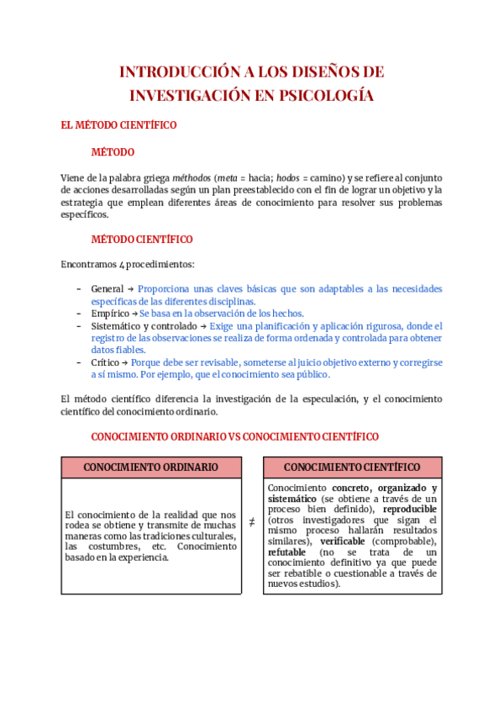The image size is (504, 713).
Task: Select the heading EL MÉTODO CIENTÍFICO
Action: point(118,124)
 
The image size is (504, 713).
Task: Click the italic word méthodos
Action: point(192,177)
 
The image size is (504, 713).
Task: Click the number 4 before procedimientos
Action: point(122,263)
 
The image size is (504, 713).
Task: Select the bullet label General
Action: point(107,288)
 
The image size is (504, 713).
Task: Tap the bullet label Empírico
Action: point(110,313)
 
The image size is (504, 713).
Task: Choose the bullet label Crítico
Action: point(106,362)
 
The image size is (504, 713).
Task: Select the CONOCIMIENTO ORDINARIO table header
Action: point(151,467)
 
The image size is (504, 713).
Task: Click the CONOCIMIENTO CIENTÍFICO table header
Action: point(352,467)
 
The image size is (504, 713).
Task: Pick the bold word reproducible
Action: point(410,510)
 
